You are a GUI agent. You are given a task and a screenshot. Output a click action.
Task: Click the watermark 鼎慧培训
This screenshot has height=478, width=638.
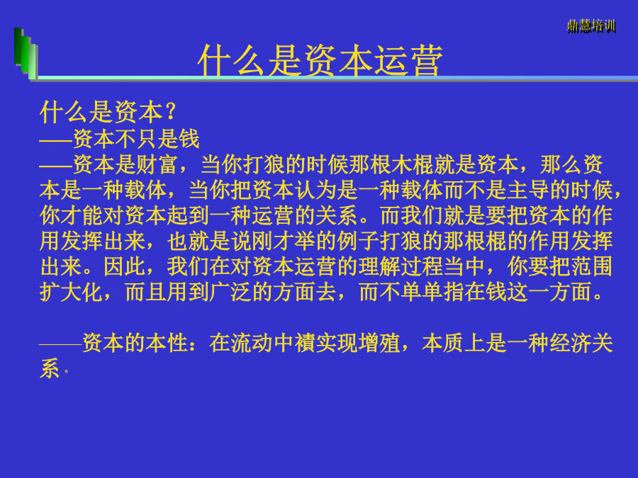[591, 27]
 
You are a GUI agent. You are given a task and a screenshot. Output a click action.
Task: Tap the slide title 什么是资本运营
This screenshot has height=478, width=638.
[320, 60]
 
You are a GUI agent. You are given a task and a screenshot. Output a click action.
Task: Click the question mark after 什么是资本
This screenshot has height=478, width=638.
[170, 112]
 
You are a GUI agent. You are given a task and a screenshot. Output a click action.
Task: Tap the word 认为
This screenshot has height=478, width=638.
[316, 190]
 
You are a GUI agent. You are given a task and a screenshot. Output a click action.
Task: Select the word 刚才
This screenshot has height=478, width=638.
[274, 241]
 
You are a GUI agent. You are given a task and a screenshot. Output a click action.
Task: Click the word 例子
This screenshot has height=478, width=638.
[359, 241]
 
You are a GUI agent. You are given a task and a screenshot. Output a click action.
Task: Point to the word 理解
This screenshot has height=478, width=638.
[380, 267]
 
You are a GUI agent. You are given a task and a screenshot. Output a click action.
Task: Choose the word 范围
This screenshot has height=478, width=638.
[593, 267]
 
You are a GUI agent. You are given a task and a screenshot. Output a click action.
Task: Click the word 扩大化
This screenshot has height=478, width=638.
[71, 292]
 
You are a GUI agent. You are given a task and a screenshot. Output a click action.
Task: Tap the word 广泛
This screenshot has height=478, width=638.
[230, 292]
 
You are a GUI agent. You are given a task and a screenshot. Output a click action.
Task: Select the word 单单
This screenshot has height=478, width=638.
[422, 292]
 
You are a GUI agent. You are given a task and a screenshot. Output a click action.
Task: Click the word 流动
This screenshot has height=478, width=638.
[252, 343]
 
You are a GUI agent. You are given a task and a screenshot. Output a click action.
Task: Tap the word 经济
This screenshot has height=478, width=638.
[571, 343]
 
